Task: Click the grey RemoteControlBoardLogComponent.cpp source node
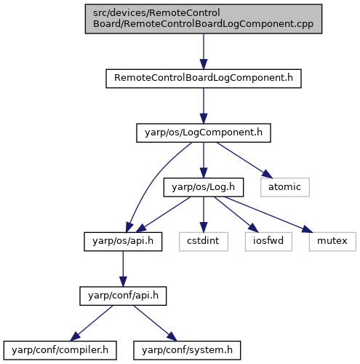point(204,19)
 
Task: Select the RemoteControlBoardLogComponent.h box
point(204,79)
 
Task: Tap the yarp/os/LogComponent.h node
point(204,132)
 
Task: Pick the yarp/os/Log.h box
point(204,187)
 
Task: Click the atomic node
point(285,187)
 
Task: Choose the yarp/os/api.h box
point(123,242)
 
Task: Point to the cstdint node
point(204,242)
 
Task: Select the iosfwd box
point(268,242)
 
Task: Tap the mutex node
point(332,242)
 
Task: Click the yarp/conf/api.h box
point(123,296)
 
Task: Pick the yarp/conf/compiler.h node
point(60,350)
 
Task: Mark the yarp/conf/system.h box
point(187,350)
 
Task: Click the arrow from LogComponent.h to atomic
point(244,160)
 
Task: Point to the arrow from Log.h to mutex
point(268,215)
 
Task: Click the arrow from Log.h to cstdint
point(204,214)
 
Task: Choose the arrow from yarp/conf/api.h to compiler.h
point(92,323)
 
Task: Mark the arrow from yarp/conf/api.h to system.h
point(156,323)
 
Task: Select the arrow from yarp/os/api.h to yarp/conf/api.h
point(123,269)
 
